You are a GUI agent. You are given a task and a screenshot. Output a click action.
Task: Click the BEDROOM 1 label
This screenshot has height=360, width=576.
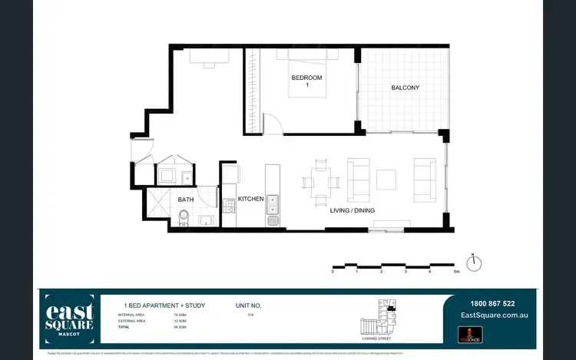click(x=306, y=82)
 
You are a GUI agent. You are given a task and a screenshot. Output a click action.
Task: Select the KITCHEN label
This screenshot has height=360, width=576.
click(x=250, y=199)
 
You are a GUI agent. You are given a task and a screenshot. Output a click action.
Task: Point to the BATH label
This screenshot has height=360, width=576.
click(x=186, y=200)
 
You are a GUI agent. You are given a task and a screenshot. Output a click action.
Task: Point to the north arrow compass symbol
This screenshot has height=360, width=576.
click(x=476, y=263)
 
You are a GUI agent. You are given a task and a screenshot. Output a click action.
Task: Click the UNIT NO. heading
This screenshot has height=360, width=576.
click(x=250, y=305)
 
